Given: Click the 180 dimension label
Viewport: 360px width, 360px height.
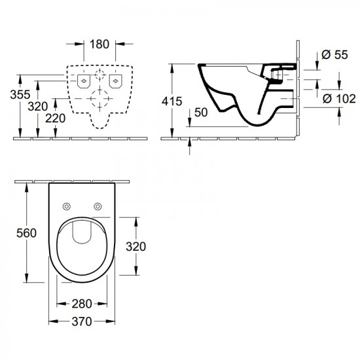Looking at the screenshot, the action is coord(99,45).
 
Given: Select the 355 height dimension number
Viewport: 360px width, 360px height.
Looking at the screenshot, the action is coord(20,95).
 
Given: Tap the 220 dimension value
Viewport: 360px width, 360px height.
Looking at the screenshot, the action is coord(56,118).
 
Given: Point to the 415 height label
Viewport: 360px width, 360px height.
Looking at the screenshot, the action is coord(171,101).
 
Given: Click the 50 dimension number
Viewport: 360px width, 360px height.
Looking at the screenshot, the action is coord(201,113).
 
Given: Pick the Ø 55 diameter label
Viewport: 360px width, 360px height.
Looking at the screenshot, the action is coord(334,54).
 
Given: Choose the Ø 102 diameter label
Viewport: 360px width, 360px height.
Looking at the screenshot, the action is coord(339,99).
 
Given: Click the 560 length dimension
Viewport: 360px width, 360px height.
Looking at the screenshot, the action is coord(26,233).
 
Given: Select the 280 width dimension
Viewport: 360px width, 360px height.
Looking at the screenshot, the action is coord(82,304).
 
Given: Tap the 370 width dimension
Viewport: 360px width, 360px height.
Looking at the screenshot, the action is coord(82,321).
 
